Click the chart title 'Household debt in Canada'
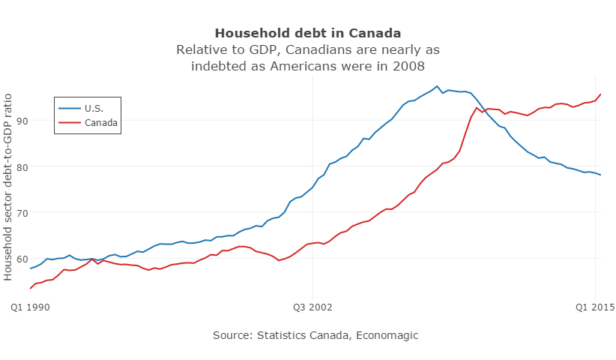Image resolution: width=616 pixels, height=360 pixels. (x=307, y=33)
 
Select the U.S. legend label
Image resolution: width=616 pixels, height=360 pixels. (x=94, y=108)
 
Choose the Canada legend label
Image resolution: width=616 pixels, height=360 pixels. (x=101, y=122)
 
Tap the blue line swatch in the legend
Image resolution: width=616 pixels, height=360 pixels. (x=70, y=108)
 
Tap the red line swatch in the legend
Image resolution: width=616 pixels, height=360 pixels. (x=70, y=122)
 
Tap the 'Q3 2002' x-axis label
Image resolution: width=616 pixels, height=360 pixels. (x=313, y=307)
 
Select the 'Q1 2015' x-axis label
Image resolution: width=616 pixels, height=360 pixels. (x=595, y=307)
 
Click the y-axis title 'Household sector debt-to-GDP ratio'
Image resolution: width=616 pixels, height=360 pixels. (x=8, y=186)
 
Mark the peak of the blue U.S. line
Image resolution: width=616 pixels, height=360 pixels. (x=437, y=85)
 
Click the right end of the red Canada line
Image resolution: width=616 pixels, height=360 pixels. (x=601, y=94)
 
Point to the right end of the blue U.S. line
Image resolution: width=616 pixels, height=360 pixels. (x=601, y=175)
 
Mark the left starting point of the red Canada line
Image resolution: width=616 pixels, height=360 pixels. (x=31, y=288)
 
